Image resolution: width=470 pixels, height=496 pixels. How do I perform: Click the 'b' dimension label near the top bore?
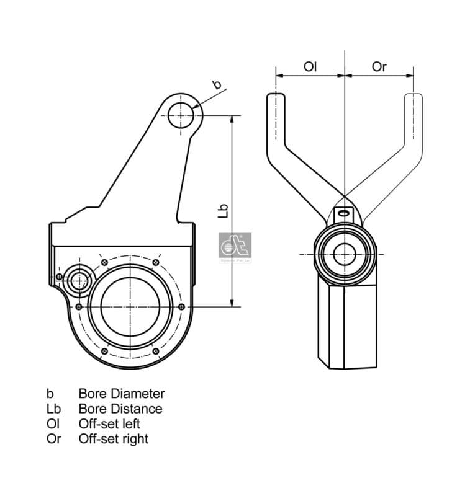pos(217,85)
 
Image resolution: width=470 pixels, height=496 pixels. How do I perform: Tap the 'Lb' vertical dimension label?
pos(224,211)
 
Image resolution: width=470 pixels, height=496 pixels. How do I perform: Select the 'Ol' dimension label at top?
pos(310,66)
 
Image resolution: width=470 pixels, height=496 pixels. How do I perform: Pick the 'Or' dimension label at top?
pos(379,66)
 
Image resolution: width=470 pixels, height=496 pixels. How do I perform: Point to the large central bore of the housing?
pos(136,306)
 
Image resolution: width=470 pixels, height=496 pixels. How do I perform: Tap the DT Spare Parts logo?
pos(235,248)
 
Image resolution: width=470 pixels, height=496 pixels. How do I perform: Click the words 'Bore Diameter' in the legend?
pos(121,393)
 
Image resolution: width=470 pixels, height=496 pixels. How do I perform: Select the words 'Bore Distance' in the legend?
pos(120,409)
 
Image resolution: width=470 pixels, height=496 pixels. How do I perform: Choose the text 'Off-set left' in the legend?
pos(109,424)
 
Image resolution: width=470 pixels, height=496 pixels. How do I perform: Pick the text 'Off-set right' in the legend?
pos(113,439)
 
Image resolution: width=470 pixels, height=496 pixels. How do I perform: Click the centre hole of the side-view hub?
pos(343,254)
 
